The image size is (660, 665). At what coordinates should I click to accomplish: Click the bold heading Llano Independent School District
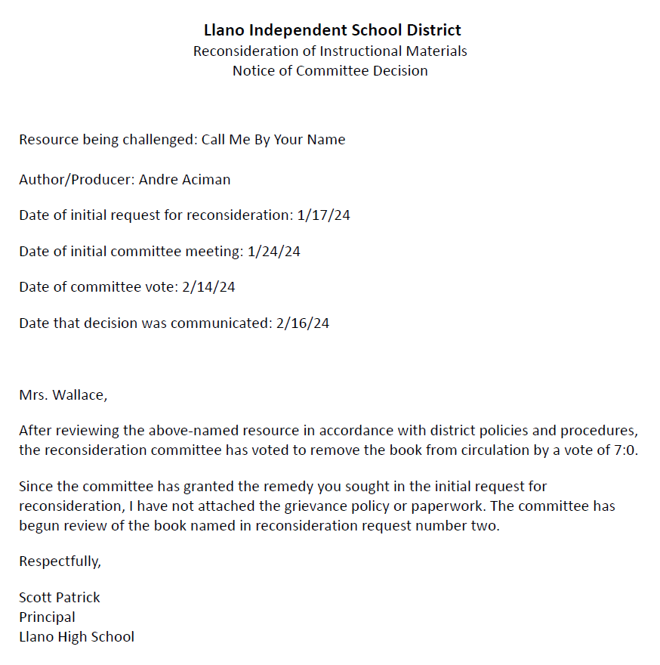pyautogui.click(x=332, y=30)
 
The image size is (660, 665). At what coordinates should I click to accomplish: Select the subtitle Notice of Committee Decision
pyautogui.click(x=330, y=71)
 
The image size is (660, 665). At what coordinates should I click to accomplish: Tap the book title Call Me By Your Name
pyautogui.click(x=273, y=140)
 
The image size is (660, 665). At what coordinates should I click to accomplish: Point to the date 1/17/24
pyautogui.click(x=323, y=215)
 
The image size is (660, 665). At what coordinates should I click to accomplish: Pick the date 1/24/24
pyautogui.click(x=273, y=252)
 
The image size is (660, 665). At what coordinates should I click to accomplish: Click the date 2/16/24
pyautogui.click(x=303, y=323)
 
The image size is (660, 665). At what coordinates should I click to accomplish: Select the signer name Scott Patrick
pyautogui.click(x=60, y=598)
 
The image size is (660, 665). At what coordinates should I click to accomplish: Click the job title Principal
pyautogui.click(x=47, y=617)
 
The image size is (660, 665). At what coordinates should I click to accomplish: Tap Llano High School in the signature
pyautogui.click(x=76, y=637)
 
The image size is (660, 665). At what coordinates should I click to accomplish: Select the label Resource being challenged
pyautogui.click(x=107, y=140)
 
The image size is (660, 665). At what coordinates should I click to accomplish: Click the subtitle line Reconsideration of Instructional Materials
pyautogui.click(x=330, y=51)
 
